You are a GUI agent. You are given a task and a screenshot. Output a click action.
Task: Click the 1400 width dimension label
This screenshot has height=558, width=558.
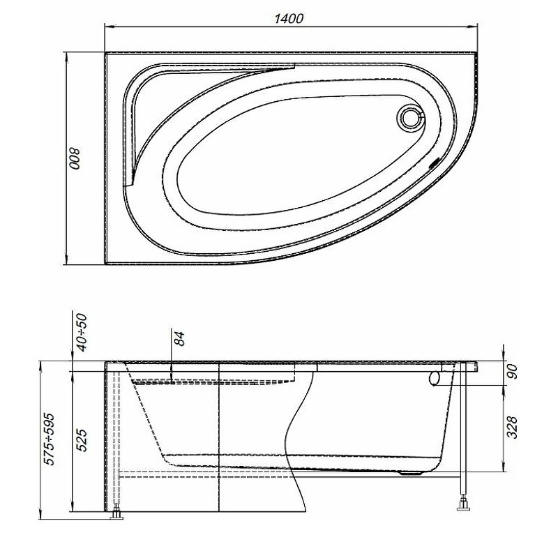click(x=288, y=19)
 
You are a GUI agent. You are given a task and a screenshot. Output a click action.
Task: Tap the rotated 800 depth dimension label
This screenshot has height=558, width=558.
click(x=75, y=158)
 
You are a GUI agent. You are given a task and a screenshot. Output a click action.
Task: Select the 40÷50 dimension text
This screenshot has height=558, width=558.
click(x=82, y=332)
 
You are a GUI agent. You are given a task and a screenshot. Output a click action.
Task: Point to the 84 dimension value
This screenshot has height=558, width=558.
click(x=180, y=338)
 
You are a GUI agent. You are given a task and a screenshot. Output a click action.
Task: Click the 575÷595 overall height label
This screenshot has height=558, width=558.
click(x=49, y=439)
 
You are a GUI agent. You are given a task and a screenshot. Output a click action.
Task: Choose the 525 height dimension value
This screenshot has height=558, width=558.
click(x=82, y=440)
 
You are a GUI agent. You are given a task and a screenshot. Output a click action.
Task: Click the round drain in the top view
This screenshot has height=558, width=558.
click(x=412, y=116)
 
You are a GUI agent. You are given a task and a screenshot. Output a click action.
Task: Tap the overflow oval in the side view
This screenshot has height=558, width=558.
click(x=435, y=378)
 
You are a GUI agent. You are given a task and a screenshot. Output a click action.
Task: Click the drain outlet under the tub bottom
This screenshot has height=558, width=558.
click(x=411, y=473)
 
